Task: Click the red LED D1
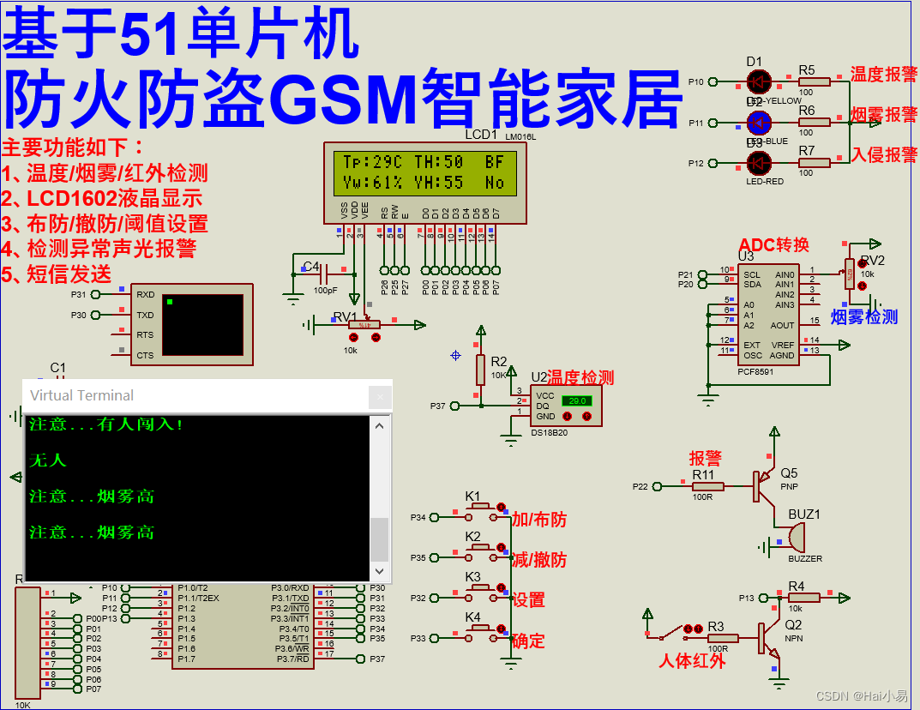pos(758,81)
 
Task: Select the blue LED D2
pos(758,123)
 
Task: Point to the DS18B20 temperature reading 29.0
pos(576,400)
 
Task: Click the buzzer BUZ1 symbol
pos(795,538)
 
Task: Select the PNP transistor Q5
pos(761,486)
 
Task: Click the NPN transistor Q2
pos(766,638)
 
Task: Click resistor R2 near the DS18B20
pos(480,370)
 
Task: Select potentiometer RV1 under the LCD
pos(364,325)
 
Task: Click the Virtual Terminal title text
pos(82,395)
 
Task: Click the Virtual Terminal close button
pos(380,396)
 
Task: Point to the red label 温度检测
pos(581,377)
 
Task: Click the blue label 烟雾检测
pos(864,317)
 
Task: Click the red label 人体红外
pos(692,661)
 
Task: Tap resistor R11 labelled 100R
pos(708,486)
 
